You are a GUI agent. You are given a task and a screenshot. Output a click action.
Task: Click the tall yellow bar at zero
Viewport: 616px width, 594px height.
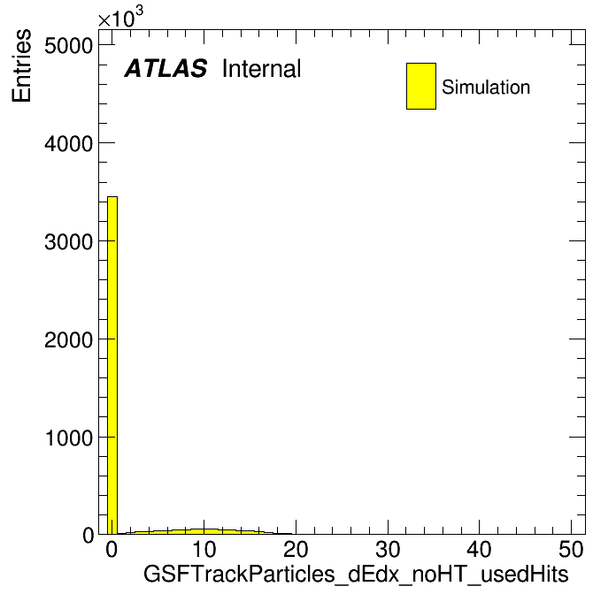click(112, 365)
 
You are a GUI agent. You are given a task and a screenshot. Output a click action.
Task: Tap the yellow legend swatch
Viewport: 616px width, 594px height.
click(421, 86)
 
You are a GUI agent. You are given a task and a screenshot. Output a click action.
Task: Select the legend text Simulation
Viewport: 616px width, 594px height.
click(486, 88)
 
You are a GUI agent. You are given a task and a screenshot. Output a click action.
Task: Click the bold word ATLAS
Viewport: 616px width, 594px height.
click(166, 68)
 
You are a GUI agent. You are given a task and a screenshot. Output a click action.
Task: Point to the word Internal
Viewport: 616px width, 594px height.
click(262, 69)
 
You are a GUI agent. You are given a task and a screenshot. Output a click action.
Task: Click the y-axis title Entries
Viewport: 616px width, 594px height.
click(21, 65)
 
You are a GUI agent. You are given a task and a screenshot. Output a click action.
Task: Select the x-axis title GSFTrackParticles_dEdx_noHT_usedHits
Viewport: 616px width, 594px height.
click(356, 575)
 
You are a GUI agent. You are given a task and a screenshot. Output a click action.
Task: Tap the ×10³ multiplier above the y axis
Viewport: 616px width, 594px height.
click(120, 18)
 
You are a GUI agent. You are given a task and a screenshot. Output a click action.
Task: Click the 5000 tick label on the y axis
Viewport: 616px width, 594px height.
click(68, 46)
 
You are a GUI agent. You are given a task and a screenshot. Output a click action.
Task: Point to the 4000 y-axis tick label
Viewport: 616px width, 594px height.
click(68, 143)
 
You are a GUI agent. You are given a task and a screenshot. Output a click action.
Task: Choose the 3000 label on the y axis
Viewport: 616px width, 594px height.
click(68, 241)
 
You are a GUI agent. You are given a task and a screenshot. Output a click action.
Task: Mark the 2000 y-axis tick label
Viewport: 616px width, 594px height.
click(68, 339)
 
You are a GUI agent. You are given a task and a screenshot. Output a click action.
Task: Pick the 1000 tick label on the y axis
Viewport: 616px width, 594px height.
click(68, 438)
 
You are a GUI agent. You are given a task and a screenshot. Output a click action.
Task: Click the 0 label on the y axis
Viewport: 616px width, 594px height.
click(88, 535)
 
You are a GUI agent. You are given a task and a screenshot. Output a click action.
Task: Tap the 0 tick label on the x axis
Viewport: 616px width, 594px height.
click(112, 550)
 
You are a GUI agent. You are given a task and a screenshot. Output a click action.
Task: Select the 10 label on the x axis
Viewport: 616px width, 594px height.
click(204, 550)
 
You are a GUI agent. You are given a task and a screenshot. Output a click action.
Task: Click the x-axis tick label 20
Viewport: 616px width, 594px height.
click(296, 550)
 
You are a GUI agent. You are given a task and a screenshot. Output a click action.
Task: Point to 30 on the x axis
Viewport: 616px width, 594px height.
click(388, 550)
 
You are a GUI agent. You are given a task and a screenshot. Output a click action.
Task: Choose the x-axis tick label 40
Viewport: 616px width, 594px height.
click(480, 550)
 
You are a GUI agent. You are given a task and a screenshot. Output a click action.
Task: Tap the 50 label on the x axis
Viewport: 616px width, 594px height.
click(571, 550)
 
